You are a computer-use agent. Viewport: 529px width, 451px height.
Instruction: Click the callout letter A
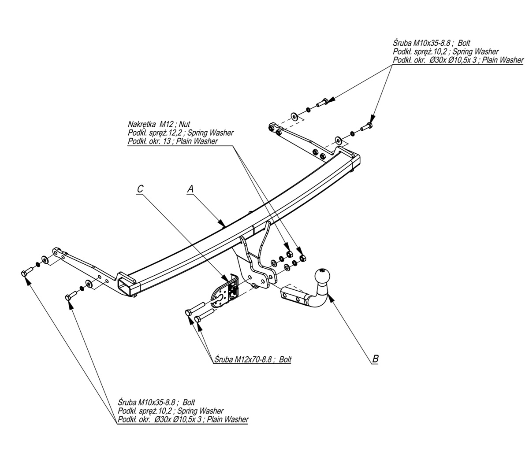190,189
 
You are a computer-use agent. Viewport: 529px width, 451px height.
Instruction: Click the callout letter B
375,359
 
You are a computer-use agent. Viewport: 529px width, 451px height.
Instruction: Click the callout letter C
140,189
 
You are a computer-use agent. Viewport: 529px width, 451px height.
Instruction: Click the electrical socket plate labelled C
226,292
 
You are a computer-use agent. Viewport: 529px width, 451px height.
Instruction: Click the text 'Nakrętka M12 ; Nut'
159,125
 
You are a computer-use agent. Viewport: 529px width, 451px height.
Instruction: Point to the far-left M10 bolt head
25,274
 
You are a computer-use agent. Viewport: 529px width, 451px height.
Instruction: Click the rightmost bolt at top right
367,127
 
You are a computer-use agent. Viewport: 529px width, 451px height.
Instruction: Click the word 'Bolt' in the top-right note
464,44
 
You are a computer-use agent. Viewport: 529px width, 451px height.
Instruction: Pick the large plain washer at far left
45,260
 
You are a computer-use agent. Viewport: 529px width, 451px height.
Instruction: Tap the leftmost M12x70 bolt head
189,313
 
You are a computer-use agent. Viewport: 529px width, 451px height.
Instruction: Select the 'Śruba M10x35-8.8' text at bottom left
147,403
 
